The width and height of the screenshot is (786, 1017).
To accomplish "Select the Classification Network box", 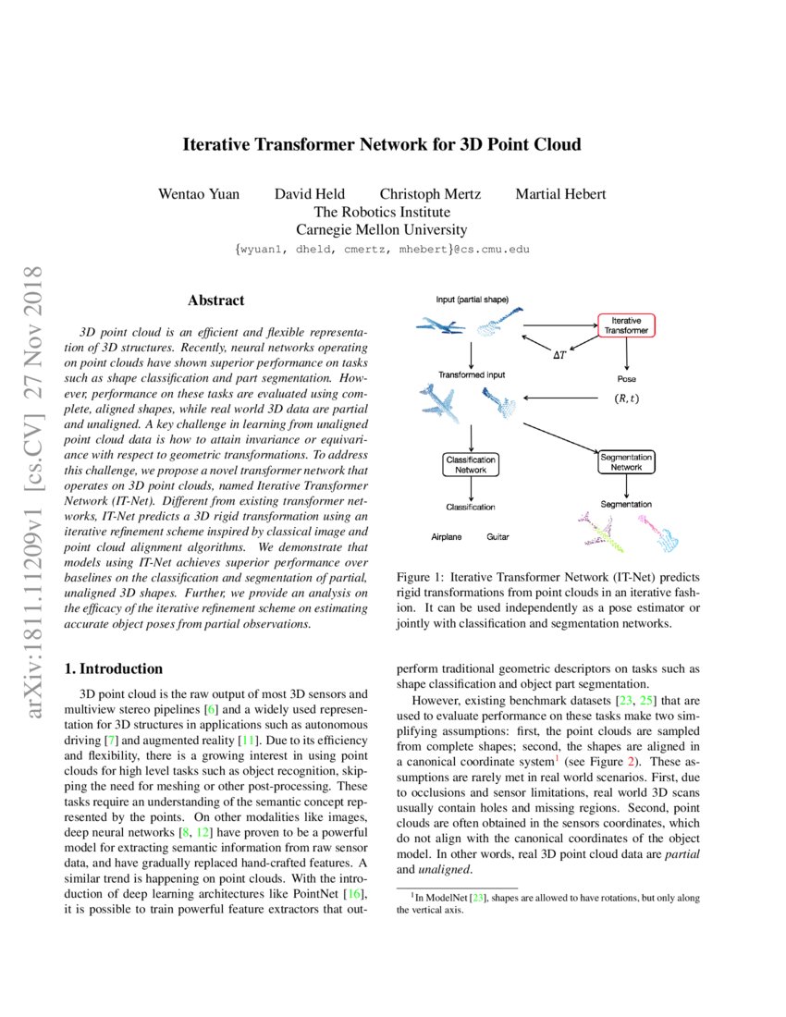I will tap(471, 464).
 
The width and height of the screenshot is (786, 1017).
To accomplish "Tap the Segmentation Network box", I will tap(626, 461).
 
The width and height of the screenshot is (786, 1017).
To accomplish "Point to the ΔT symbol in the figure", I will tap(559, 354).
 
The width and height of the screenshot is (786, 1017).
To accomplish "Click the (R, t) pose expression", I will tap(626, 399).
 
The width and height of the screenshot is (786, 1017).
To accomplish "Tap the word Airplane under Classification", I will tap(446, 536).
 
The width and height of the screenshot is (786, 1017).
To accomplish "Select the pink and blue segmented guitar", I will tap(658, 533).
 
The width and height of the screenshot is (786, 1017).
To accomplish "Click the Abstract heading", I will tap(215, 300).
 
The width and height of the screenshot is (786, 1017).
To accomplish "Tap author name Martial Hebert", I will tap(561, 194).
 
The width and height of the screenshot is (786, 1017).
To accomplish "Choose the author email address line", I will tap(382, 250).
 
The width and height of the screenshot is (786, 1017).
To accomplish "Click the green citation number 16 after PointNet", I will tap(357, 894).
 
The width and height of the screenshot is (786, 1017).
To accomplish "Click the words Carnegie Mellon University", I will tap(381, 230).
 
